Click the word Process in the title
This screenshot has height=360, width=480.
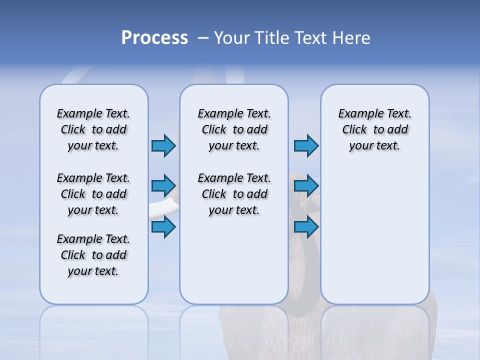154,38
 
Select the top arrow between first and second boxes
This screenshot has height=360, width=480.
163,145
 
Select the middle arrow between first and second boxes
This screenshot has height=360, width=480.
163,186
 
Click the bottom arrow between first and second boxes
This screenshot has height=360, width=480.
163,227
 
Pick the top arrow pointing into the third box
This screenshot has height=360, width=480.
306,145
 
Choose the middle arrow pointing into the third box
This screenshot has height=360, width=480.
306,186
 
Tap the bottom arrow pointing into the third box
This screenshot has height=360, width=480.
306,227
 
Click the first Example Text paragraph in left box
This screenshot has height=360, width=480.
93,129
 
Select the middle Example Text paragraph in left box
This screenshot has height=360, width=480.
93,194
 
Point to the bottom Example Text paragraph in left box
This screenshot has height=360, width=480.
93,255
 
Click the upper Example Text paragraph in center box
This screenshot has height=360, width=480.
234,129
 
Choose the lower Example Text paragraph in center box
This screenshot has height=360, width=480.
234,194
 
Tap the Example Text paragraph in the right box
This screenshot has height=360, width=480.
375,129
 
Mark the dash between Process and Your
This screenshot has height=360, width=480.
203,38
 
